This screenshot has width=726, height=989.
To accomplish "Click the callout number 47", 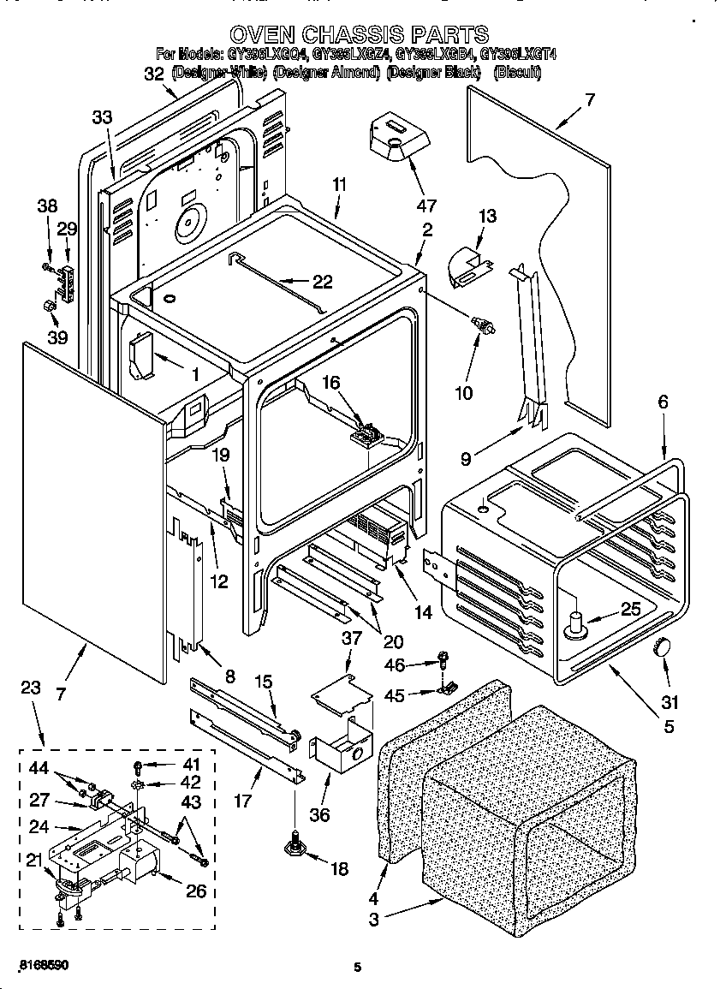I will tap(425, 206).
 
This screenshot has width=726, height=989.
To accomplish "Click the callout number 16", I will tap(330, 382).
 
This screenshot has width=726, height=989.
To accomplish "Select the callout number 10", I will tap(463, 393).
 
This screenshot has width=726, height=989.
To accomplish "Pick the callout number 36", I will tap(319, 814).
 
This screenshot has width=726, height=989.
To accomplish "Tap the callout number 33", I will tap(101, 118).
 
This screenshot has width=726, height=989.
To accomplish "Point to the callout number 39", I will tap(57, 337).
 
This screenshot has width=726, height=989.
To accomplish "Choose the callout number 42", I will tap(190, 782).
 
